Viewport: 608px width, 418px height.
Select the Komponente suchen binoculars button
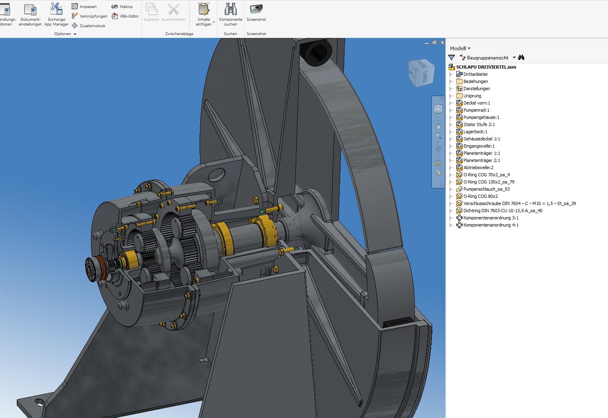pos(230,13)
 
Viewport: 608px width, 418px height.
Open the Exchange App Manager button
pos(56,14)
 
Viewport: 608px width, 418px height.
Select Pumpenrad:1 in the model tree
pos(476,110)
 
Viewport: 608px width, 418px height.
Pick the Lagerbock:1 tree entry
pos(475,132)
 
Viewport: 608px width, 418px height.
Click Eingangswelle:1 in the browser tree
pos(479,146)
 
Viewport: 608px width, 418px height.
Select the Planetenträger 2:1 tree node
pos(481,160)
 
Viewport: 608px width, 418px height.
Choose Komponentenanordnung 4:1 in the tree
pos(491,225)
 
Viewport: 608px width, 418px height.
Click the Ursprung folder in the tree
pos(472,96)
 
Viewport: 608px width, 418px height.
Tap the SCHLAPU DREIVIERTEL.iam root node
pos(486,67)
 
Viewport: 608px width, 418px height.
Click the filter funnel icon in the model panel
pos(452,58)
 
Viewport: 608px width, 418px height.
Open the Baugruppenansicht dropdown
pos(514,58)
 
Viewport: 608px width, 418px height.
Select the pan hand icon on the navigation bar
pos(438,126)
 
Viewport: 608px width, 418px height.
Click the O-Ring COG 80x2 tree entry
pos(480,196)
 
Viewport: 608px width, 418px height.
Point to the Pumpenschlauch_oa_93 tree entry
pos(486,189)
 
